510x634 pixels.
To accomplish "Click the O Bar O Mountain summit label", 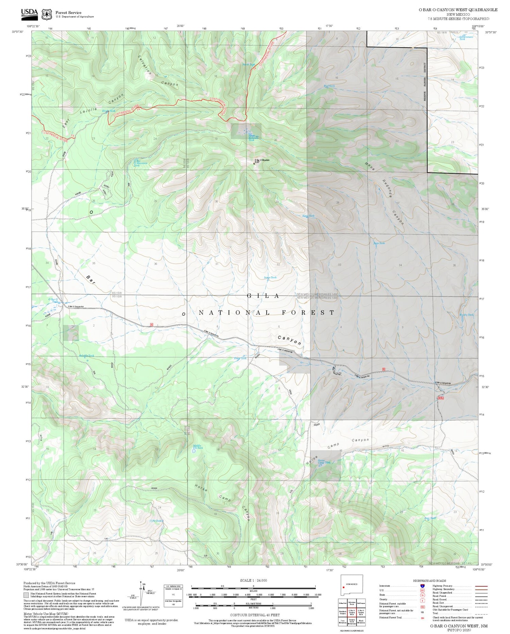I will point(262,160).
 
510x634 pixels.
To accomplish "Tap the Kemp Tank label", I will point(308,216).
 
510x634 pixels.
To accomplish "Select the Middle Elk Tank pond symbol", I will point(194,450).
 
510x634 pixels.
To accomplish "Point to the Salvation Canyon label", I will point(158,71).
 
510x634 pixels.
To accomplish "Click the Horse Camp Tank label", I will point(323,461).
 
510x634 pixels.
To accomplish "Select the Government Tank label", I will point(466,38).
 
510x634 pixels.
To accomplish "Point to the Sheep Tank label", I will point(240,358).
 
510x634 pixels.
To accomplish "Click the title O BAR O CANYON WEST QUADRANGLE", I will point(458,10).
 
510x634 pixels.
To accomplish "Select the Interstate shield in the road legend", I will point(422,586).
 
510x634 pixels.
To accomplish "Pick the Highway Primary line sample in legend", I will point(480,586).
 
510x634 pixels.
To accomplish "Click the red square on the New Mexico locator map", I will point(344,587).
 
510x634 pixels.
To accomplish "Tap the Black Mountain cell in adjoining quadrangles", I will point(361,622).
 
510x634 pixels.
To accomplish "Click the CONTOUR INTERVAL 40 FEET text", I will point(255,615).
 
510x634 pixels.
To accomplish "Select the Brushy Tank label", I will point(466,315).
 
